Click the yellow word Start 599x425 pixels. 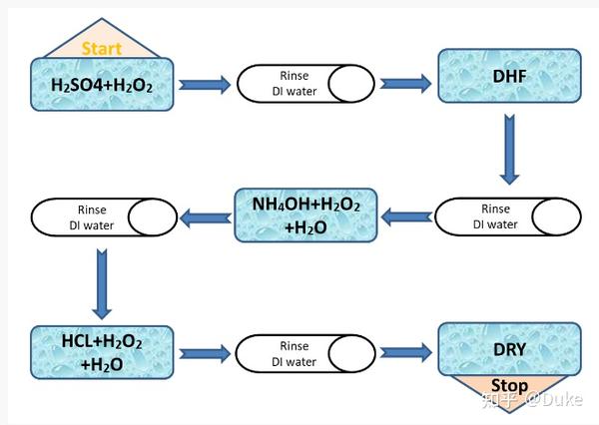pyautogui.click(x=102, y=49)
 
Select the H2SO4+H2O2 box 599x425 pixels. pyautogui.click(x=102, y=85)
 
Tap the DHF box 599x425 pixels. pyautogui.click(x=509, y=76)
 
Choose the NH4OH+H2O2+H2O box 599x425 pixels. pyautogui.click(x=305, y=215)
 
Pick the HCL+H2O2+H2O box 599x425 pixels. pyautogui.click(x=102, y=352)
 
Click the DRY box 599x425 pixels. pyautogui.click(x=509, y=349)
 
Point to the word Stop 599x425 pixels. pyautogui.click(x=509, y=385)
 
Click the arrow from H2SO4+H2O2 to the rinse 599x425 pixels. pyautogui.click(x=205, y=85)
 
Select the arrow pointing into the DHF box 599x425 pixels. pyautogui.click(x=405, y=84)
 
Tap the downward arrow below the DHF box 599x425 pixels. pyautogui.click(x=509, y=150)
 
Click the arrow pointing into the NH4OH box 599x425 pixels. pyautogui.click(x=406, y=217)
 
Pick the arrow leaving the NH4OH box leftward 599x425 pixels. pyautogui.click(x=206, y=218)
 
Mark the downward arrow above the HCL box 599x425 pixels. pyautogui.click(x=102, y=284)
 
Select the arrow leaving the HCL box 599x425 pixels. pyautogui.click(x=205, y=353)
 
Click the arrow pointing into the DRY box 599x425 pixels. pyautogui.click(x=406, y=352)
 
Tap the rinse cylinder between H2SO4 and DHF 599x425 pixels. pyautogui.click(x=305, y=84)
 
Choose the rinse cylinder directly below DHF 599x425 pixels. pyautogui.click(x=508, y=216)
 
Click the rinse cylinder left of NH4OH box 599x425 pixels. pyautogui.click(x=104, y=217)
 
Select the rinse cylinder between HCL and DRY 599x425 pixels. pyautogui.click(x=305, y=353)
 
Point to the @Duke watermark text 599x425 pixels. pyautogui.click(x=554, y=399)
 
